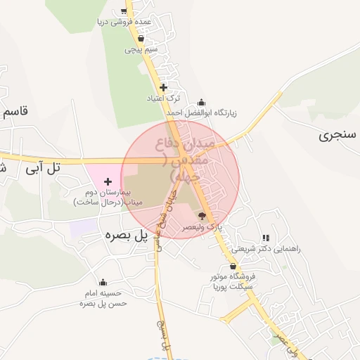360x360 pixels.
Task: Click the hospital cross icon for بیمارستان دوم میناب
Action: point(108,182)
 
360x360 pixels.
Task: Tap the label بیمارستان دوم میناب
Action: point(108,196)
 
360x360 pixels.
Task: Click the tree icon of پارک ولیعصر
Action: point(202,217)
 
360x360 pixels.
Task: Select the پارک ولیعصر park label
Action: point(202,227)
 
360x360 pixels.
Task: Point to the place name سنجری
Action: point(337,134)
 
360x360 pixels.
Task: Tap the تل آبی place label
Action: point(44,168)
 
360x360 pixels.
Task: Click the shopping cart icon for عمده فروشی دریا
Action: point(124,11)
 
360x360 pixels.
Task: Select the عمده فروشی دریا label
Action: point(125,22)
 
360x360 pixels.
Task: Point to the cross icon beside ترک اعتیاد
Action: point(163,88)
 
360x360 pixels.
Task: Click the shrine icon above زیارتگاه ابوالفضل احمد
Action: point(202,103)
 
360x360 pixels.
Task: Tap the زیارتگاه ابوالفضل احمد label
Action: point(202,112)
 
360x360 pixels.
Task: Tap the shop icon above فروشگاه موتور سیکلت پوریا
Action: point(233,266)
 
